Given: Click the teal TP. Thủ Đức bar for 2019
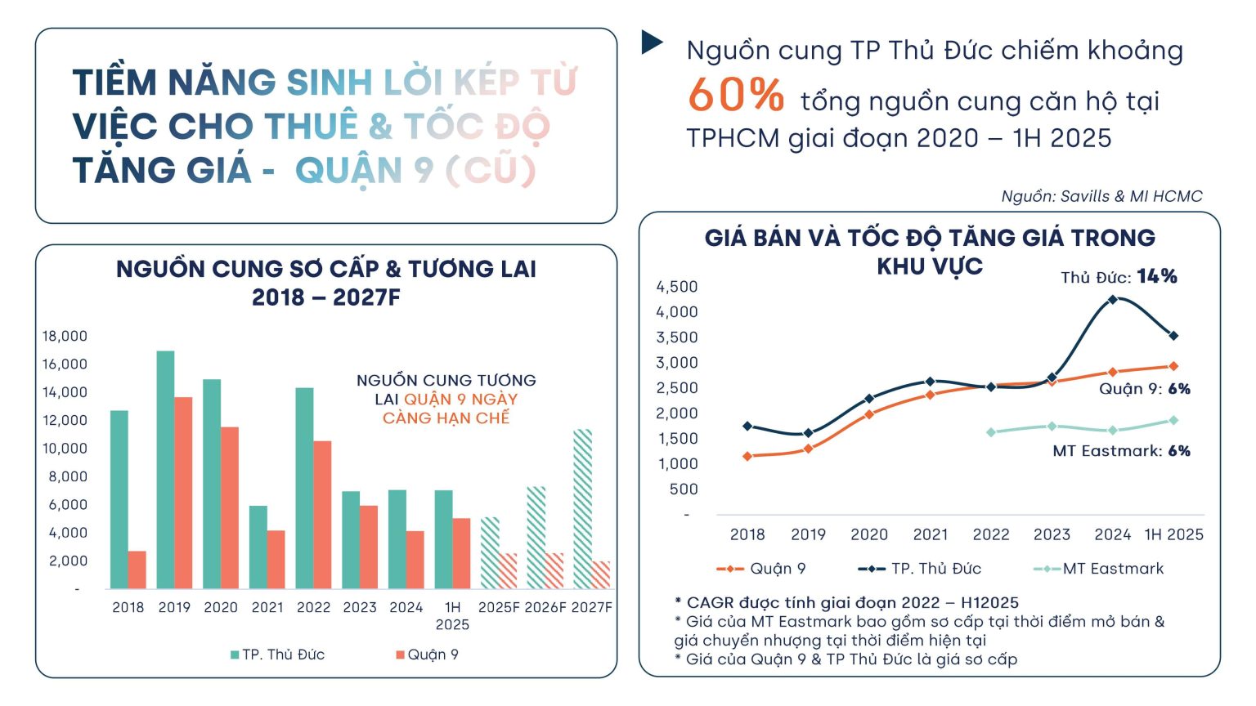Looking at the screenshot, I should click(x=165, y=470).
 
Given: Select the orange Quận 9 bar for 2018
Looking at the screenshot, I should click(x=137, y=570).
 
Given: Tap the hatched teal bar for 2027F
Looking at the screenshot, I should click(x=582, y=508).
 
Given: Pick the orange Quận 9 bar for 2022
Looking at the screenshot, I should click(x=322, y=515).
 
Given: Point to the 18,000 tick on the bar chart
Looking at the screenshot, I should click(x=65, y=336).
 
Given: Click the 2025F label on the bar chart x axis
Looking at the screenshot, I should click(x=499, y=607).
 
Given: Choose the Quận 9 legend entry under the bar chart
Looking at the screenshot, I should click(x=427, y=655).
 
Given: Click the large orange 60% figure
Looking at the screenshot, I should click(x=736, y=95).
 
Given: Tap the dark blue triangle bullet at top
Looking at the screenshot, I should click(x=652, y=42).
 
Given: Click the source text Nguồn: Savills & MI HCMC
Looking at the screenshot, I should click(x=1101, y=196).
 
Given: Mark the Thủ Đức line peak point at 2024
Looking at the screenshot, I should click(x=1112, y=300).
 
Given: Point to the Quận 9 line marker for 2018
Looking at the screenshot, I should click(x=747, y=456).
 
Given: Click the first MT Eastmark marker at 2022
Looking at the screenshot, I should click(x=991, y=432).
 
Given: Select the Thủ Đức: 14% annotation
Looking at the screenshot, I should click(x=1119, y=277).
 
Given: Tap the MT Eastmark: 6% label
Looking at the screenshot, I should click(x=1121, y=451).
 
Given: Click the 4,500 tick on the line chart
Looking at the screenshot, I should click(x=677, y=287).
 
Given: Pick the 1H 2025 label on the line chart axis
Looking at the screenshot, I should click(x=1173, y=534).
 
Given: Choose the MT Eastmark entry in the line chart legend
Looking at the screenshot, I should click(x=1099, y=569).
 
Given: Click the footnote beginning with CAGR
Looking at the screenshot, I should click(x=846, y=603).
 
